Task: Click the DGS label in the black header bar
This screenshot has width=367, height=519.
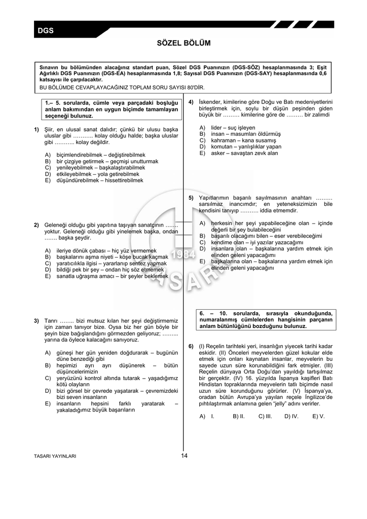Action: [x=46, y=31]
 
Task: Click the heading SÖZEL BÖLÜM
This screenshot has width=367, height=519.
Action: [x=183, y=44]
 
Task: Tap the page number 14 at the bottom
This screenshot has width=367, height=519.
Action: [x=183, y=456]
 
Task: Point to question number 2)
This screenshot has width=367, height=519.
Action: [x=37, y=225]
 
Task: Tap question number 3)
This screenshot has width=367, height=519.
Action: [x=37, y=321]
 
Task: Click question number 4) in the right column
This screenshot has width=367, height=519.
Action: [x=191, y=102]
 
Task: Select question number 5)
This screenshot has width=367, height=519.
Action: [x=191, y=198]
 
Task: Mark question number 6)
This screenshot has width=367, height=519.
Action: [x=191, y=346]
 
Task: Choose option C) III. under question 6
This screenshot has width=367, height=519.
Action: [x=265, y=416]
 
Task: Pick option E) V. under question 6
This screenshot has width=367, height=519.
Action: [x=318, y=416]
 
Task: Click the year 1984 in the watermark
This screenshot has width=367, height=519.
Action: [x=183, y=254]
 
